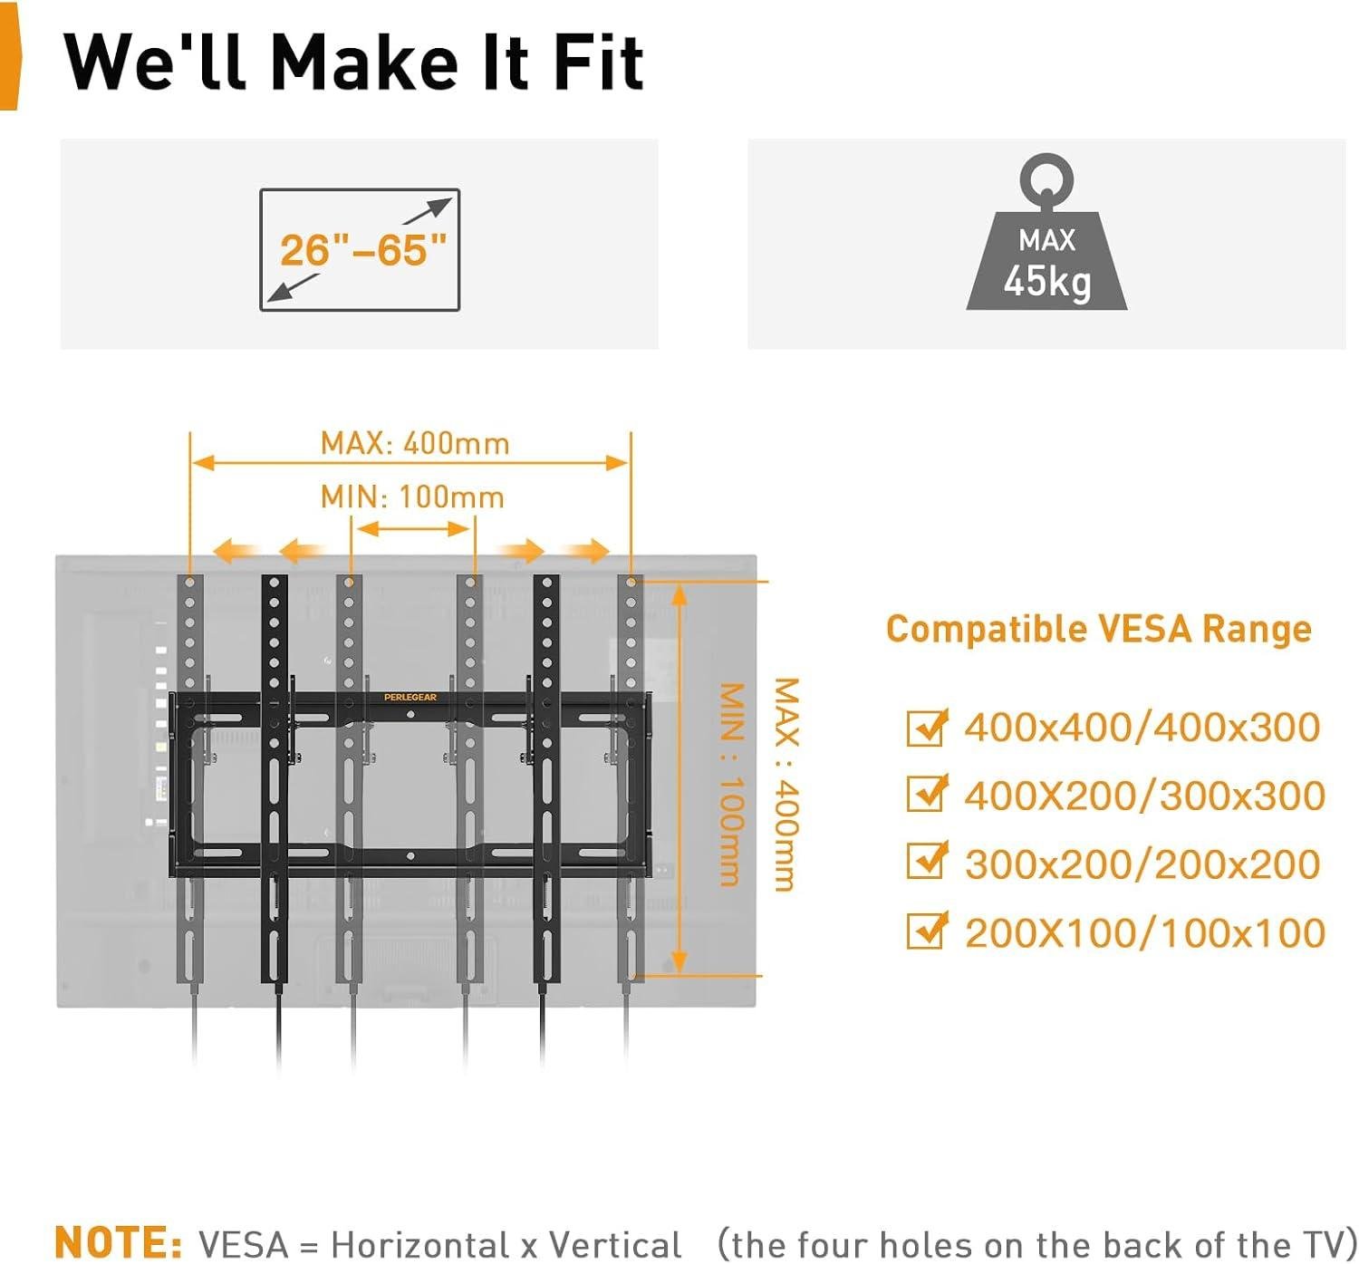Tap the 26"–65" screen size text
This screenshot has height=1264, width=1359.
[x=363, y=250]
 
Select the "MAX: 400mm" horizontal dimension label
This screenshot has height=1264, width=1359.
[x=415, y=443]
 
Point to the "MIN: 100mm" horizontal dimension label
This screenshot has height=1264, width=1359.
[x=412, y=497]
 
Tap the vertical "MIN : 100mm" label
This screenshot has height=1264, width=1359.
[x=731, y=785]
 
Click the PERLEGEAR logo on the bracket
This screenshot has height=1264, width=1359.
[x=410, y=697]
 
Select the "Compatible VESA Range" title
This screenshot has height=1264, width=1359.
[x=1098, y=629]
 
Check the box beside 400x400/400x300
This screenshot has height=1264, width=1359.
[x=925, y=728]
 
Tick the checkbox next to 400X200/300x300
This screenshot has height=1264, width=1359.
[x=925, y=794]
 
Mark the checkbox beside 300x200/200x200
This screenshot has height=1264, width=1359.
[x=925, y=862]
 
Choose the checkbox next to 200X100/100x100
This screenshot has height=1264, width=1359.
[x=925, y=931]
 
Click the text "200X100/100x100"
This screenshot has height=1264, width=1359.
[x=1144, y=932]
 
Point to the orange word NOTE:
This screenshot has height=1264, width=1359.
[x=118, y=1242]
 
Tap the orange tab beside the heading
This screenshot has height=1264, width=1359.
[x=8, y=57]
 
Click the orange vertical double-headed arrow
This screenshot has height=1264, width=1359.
[x=680, y=779]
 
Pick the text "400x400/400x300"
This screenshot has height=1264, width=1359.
[x=1142, y=728]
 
